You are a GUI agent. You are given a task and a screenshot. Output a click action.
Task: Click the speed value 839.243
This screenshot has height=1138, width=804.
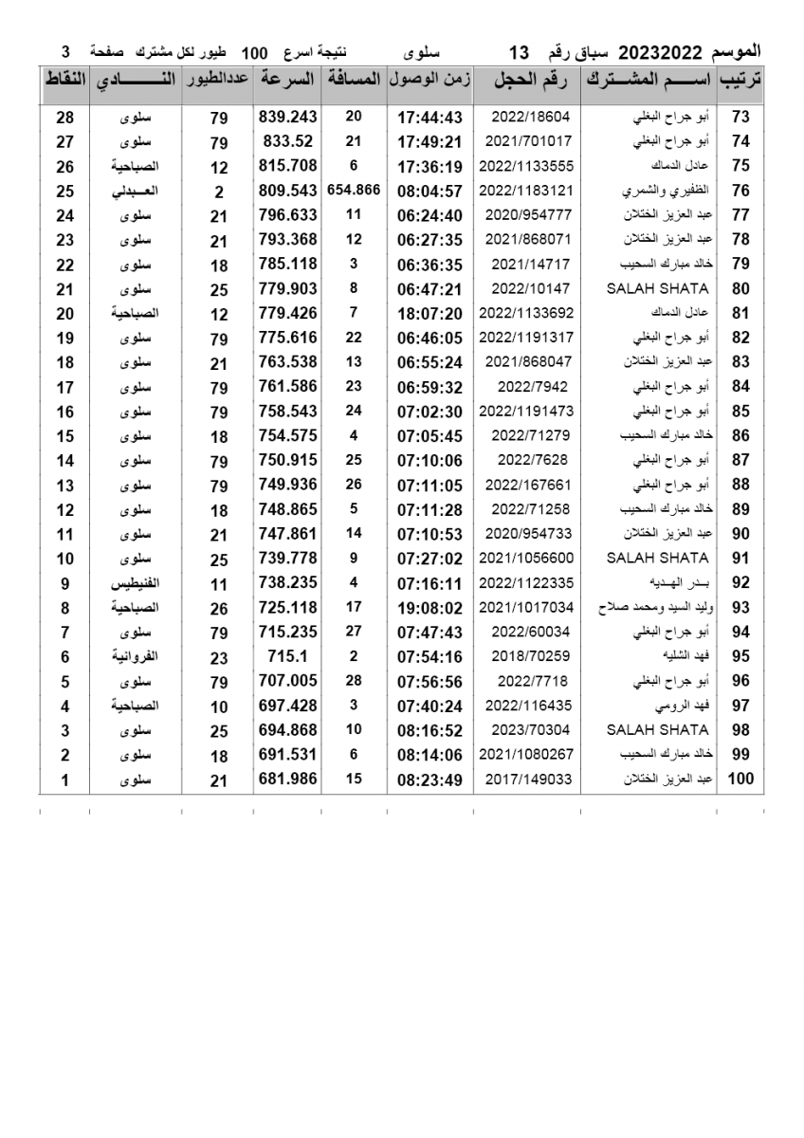click(286, 117)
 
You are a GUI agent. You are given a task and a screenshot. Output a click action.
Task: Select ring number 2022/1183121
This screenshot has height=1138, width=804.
click(526, 191)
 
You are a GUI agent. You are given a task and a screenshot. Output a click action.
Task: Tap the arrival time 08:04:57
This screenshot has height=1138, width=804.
click(429, 191)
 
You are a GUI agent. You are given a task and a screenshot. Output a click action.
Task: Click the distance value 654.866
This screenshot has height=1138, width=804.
click(353, 191)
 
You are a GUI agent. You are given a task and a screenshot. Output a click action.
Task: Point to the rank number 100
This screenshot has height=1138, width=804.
click(740, 780)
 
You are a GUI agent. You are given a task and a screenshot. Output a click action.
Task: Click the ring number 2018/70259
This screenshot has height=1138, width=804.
click(526, 656)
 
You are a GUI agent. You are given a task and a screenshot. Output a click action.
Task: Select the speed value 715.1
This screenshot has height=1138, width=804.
click(286, 656)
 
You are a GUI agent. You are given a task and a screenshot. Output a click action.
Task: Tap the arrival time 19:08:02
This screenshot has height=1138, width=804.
click(429, 607)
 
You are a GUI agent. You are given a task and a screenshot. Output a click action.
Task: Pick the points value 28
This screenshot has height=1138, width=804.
click(64, 117)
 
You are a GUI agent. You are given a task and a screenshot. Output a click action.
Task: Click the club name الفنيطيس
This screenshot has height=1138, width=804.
click(135, 583)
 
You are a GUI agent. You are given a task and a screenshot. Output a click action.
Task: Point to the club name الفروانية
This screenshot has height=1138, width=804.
click(135, 656)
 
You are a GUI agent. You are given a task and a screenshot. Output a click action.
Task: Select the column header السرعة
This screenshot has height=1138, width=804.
click(286, 81)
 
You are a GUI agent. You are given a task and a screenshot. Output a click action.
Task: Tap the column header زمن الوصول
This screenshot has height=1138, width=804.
click(429, 81)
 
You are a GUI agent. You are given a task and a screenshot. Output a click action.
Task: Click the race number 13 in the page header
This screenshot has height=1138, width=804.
click(520, 50)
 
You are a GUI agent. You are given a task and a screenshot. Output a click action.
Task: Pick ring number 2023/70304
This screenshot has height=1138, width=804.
click(526, 730)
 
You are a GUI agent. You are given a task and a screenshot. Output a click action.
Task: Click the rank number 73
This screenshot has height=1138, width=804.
click(740, 117)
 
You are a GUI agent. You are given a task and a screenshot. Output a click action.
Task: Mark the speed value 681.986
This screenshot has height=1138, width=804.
click(286, 780)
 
